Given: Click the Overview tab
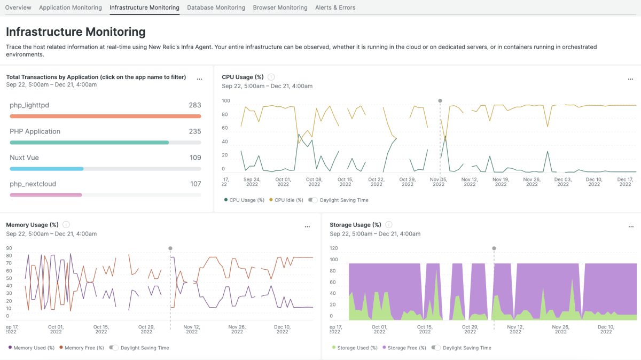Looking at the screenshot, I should point(18,7).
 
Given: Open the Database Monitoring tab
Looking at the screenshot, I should point(216,7).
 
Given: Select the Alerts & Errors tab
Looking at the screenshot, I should point(335,7).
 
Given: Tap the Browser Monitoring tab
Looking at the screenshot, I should point(280,7).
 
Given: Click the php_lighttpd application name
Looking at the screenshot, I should point(29,105).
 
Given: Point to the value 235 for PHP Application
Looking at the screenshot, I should point(195,131).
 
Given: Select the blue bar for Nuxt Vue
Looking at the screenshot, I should point(47,169).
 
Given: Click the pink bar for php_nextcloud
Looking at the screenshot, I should point(46,195).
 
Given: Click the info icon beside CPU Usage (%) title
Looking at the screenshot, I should point(271,77).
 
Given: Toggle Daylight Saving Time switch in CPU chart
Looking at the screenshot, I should point(313,200).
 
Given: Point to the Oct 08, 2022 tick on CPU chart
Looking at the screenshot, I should point(314,182).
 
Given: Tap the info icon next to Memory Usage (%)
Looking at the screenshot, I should point(66,225).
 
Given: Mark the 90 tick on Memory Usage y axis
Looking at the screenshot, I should point(9,248).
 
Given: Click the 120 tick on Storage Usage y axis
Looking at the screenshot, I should point(334,248).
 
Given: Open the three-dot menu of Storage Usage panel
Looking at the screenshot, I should point(631,226).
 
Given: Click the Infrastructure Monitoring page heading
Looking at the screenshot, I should point(76,32).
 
